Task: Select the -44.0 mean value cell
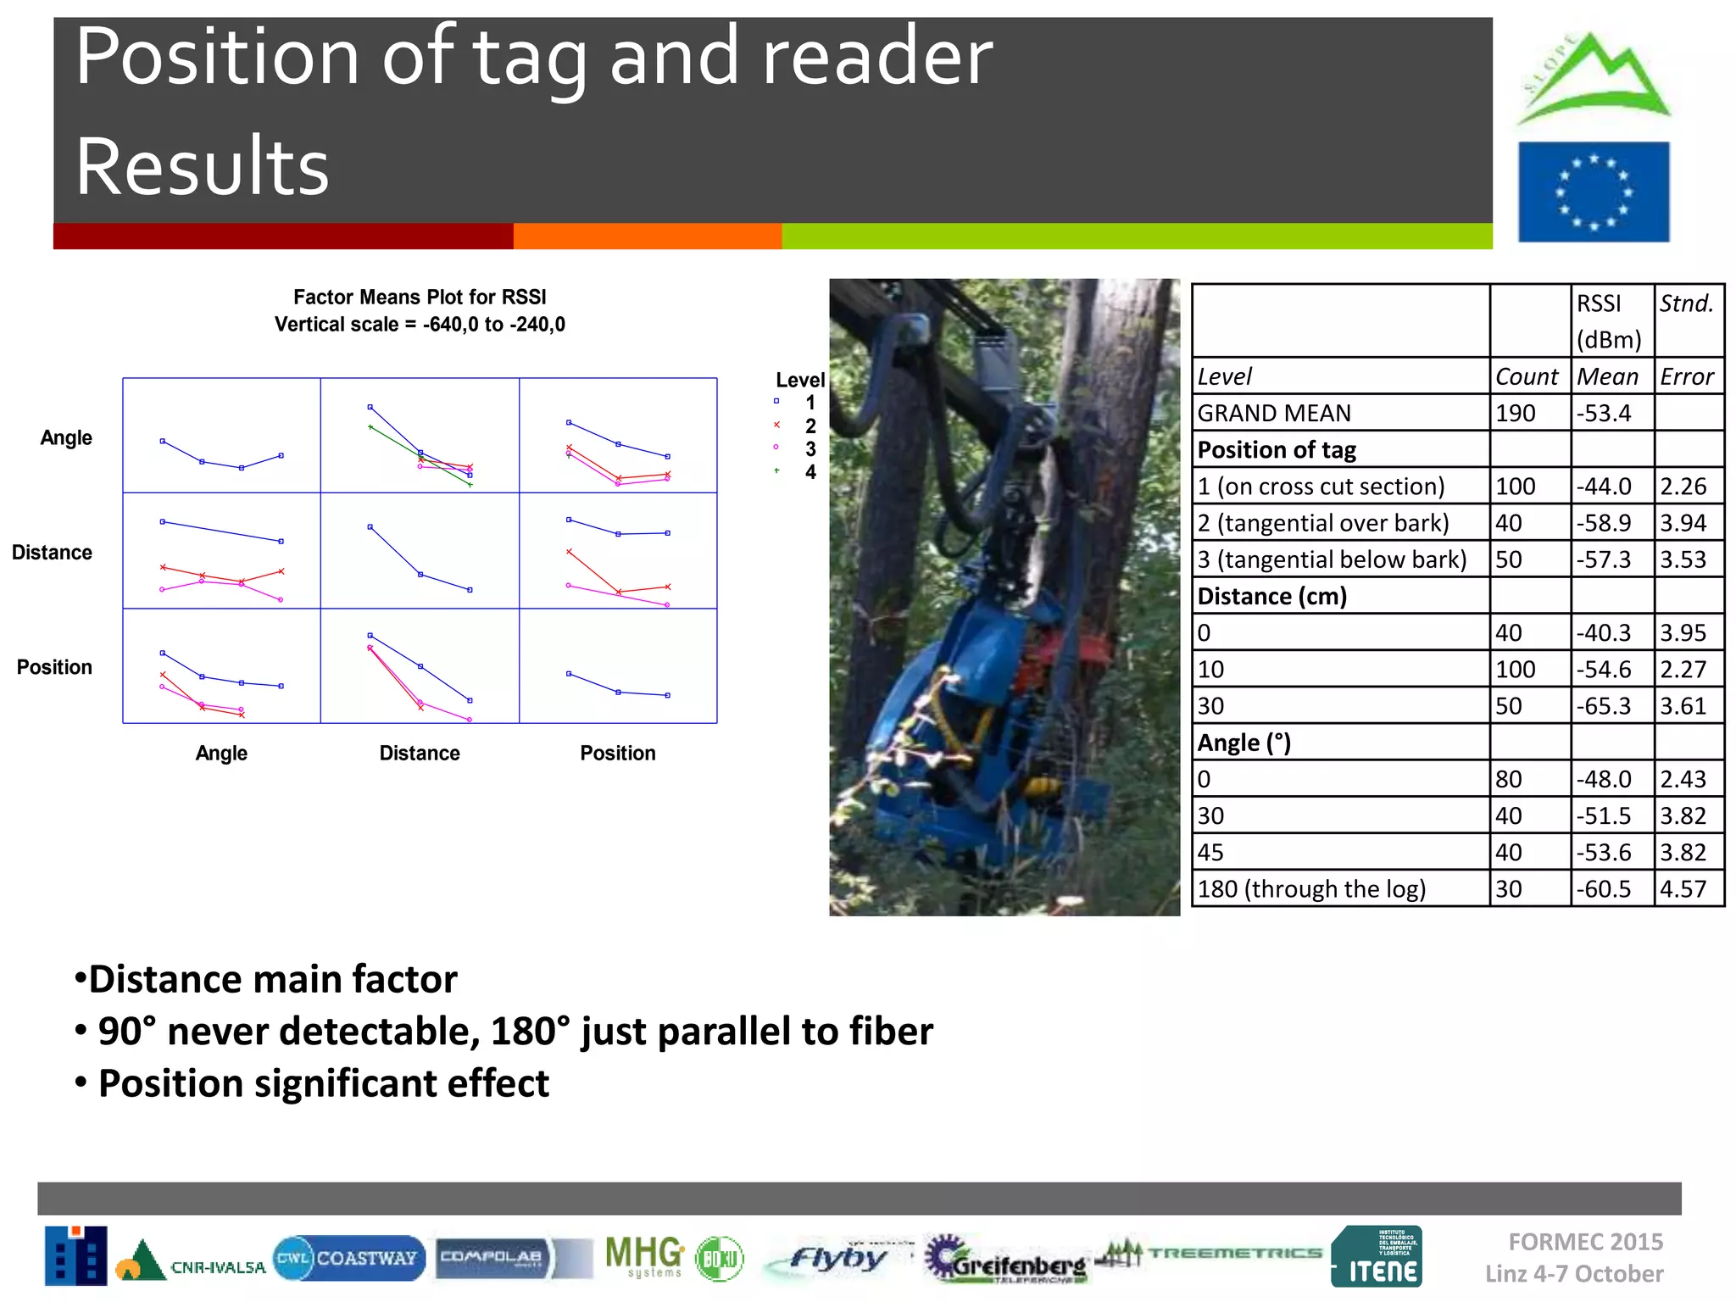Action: point(1604,487)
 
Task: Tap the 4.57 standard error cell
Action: point(1683,888)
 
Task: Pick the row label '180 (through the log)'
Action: point(1311,888)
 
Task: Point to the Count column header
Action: point(1527,376)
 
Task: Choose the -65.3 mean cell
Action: point(1604,706)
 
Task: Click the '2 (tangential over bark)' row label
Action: point(1323,523)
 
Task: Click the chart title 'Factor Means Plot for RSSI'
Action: point(420,297)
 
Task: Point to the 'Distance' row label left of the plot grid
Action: point(52,553)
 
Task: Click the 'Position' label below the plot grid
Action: point(618,753)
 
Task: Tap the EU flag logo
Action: point(1594,192)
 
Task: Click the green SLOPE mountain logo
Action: point(1593,78)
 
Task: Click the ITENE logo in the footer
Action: point(1377,1257)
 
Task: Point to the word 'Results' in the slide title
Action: point(202,166)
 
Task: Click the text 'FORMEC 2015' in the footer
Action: point(1585,1242)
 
